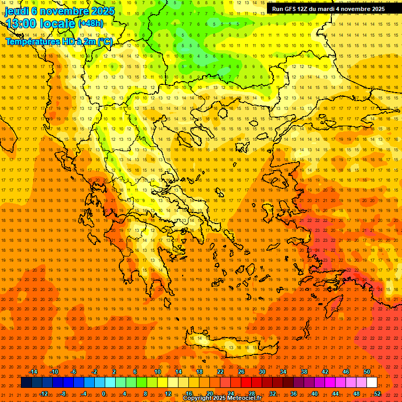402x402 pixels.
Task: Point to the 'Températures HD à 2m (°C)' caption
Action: [59, 41]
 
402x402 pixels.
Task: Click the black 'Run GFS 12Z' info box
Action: [328, 9]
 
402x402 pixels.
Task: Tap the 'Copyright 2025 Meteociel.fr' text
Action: [222, 398]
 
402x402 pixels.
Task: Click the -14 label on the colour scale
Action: [33, 372]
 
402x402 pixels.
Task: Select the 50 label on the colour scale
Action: [367, 372]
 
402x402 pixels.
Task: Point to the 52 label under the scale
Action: [377, 393]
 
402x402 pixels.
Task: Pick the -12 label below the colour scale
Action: [43, 393]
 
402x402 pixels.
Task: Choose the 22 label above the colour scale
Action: [220, 372]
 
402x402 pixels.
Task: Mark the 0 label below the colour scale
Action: [104, 393]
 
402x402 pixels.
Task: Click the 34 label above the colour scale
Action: [283, 372]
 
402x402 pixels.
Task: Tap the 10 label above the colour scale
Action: [157, 372]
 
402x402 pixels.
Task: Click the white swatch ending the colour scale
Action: [372, 383]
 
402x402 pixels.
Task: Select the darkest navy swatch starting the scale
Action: [26, 383]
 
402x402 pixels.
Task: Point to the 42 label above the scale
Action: [325, 372]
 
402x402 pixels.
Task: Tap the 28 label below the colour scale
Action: [251, 393]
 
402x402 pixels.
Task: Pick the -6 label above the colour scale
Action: [74, 372]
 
